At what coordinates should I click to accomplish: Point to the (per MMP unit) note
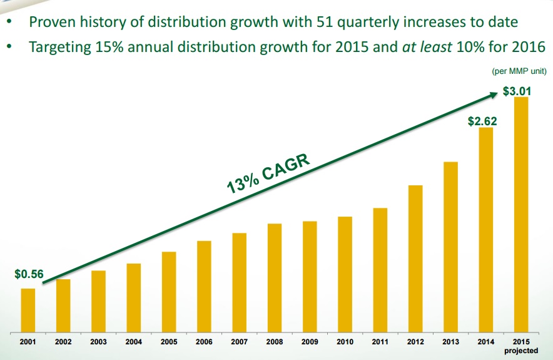coord(519,71)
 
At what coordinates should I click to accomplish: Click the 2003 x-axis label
coord(98,342)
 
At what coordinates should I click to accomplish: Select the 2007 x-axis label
coord(240,342)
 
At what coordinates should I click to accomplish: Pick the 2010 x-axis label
coord(345,342)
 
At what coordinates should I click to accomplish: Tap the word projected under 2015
coord(521,351)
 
